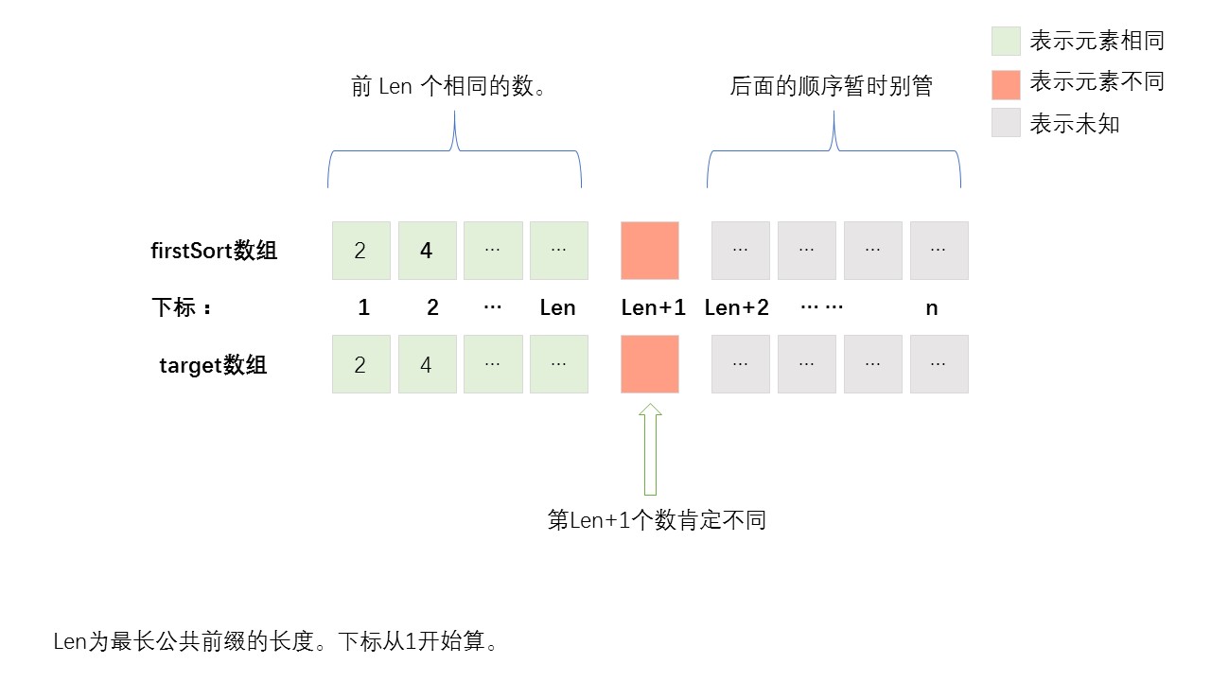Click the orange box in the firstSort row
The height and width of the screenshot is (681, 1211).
point(650,251)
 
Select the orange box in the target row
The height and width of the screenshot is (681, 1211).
point(650,364)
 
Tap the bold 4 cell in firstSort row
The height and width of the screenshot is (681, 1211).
point(427,251)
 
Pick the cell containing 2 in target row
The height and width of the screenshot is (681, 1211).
point(360,364)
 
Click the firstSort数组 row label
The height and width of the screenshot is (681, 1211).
point(214,251)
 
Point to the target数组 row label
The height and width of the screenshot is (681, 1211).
point(214,365)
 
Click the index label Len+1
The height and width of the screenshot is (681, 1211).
point(653,307)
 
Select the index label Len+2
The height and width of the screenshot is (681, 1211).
point(737,307)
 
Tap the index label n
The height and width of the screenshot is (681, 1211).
point(932,307)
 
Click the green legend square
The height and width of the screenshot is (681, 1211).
point(1006,41)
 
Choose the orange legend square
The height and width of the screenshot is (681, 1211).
point(1006,84)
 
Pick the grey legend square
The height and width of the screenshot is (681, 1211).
point(1006,123)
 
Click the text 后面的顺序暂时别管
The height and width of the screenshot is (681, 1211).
point(832,87)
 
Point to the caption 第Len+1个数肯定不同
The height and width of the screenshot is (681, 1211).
point(657,520)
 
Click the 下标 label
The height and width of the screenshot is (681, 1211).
point(181,307)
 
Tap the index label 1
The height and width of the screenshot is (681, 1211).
point(364,307)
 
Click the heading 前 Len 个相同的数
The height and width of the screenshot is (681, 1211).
point(450,87)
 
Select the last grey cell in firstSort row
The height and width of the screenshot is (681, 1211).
point(939,251)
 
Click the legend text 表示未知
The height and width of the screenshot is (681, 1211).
point(1075,124)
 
